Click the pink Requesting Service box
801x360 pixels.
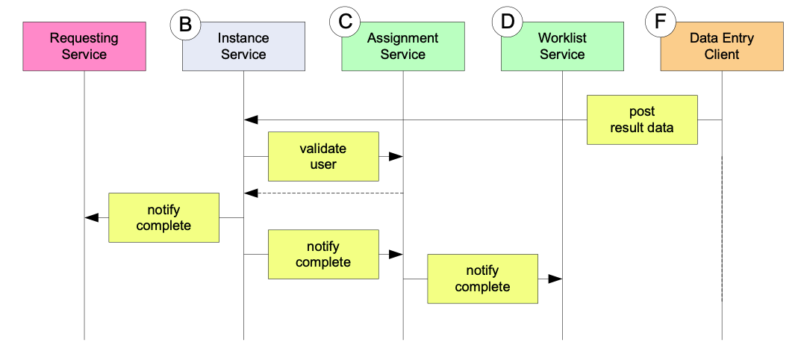pyautogui.click(x=84, y=46)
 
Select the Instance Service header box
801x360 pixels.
pyautogui.click(x=243, y=46)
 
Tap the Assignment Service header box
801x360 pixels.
pyautogui.click(x=403, y=46)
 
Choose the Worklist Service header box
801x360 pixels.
pyautogui.click(x=562, y=46)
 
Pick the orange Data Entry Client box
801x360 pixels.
pyautogui.click(x=722, y=46)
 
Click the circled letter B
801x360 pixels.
pyautogui.click(x=185, y=23)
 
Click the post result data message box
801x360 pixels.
pyautogui.click(x=642, y=120)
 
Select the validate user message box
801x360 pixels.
pyautogui.click(x=323, y=157)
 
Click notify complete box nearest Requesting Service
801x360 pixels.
pyautogui.click(x=164, y=218)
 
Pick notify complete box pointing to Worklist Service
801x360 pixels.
pyautogui.click(x=483, y=279)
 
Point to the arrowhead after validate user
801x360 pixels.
pyautogui.click(x=396, y=157)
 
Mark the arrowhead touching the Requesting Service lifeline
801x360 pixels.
pyautogui.click(x=91, y=218)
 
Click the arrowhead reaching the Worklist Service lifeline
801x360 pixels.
pyautogui.click(x=555, y=279)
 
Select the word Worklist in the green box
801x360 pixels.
pyautogui.click(x=562, y=38)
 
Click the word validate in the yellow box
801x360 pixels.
pyautogui.click(x=322, y=149)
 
